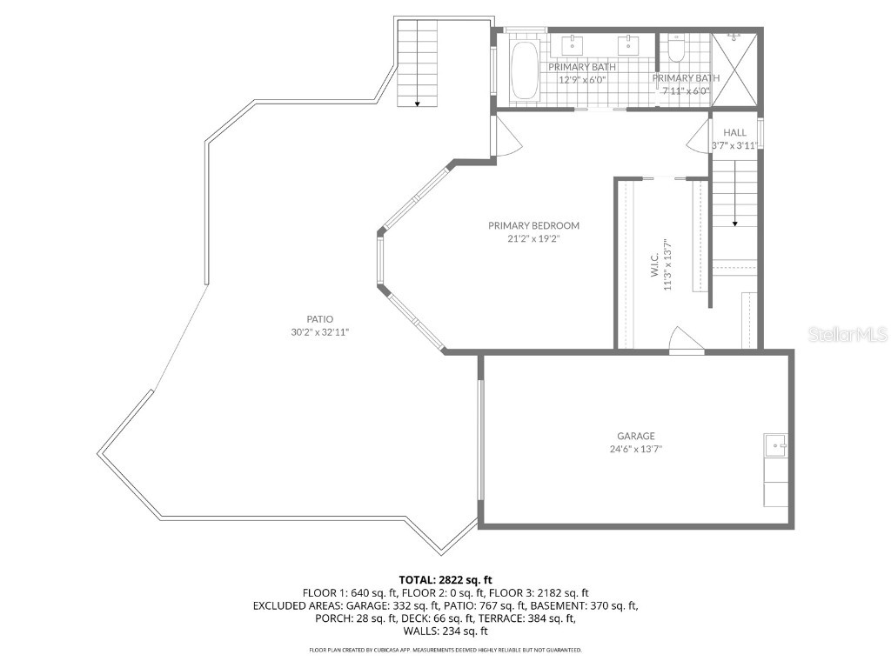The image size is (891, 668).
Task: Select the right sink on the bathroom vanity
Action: [x=628, y=44]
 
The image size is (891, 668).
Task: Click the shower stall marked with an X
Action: [x=736, y=70]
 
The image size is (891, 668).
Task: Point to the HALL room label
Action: [x=735, y=133]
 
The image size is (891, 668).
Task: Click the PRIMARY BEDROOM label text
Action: [x=533, y=225]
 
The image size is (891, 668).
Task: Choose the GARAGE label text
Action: [x=636, y=436]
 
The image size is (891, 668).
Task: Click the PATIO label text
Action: [x=319, y=319]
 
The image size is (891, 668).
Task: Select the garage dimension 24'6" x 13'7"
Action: [x=636, y=450]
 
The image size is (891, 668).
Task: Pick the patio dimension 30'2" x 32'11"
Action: [x=319, y=332]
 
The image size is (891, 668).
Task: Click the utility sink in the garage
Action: [x=775, y=444]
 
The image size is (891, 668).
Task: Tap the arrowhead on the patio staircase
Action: [x=418, y=104]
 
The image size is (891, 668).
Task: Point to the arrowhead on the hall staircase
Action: [x=735, y=224]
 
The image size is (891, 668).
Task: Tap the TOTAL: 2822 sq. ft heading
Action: [x=445, y=579]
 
